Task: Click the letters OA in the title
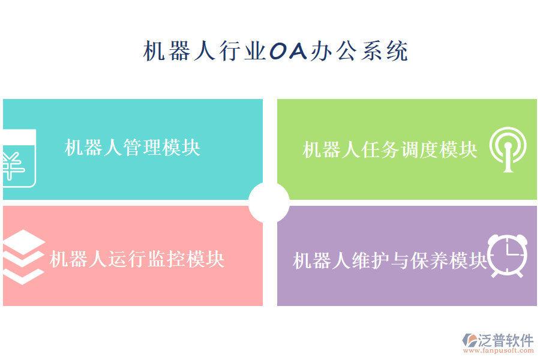pos(288,50)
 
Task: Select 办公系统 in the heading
pos(359,51)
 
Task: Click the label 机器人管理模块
pos(132,148)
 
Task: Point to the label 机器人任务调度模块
pos(390,150)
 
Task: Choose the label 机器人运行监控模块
pos(137,259)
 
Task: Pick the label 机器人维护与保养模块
pos(390,260)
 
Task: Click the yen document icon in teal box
pos(19,158)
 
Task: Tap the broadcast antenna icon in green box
pos(508,149)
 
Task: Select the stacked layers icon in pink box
pos(24,257)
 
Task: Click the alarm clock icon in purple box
pos(508,256)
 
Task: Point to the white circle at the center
pos(269,203)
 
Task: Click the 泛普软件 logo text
pos(506,340)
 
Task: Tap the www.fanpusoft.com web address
pos(499,350)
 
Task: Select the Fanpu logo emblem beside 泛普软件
pos(470,340)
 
